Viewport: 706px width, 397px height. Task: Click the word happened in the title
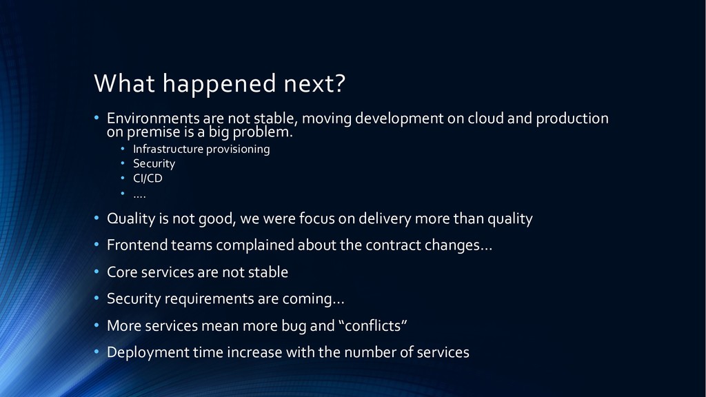coord(219,85)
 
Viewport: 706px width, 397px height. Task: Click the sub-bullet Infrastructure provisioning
coord(201,149)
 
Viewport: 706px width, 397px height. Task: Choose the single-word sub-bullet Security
coord(154,164)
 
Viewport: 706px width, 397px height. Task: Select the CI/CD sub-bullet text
coord(148,179)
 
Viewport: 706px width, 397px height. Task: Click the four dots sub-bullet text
coord(139,196)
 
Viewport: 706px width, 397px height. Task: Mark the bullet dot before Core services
coord(97,272)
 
